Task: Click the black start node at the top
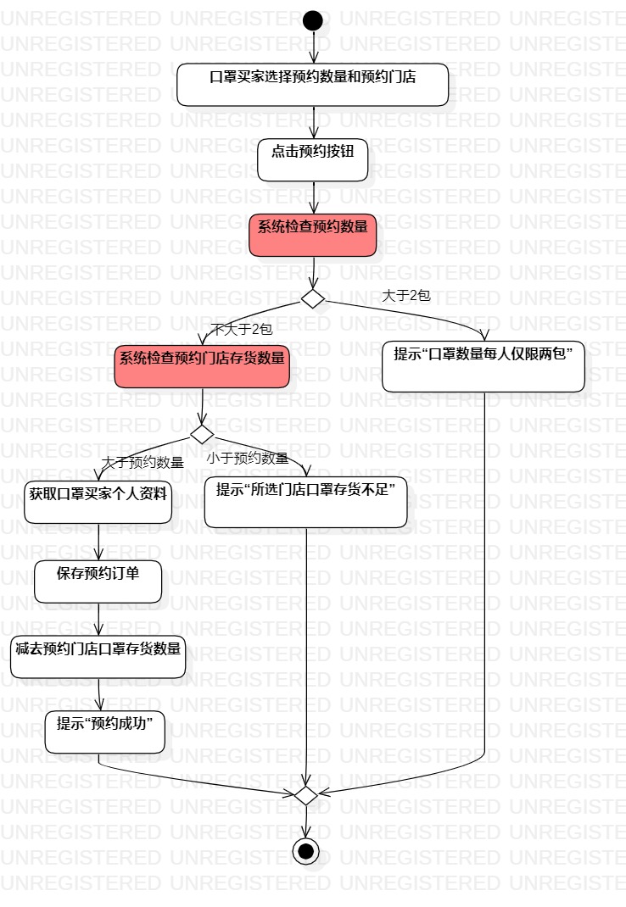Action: [313, 20]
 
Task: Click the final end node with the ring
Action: [306, 850]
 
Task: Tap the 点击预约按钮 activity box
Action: [313, 160]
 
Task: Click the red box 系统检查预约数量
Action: [313, 235]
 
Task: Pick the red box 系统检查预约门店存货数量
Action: [202, 367]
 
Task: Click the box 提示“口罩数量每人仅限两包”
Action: [483, 366]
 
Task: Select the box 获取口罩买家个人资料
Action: [99, 503]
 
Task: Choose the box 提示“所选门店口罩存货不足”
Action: [305, 502]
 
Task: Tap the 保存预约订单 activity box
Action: [98, 581]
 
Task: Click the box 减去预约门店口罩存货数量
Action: [98, 657]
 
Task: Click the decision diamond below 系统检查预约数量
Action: [313, 298]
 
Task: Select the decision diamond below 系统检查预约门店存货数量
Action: [202, 434]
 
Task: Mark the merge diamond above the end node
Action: [305, 794]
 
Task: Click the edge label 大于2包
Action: [406, 296]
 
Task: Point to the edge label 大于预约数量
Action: [143, 463]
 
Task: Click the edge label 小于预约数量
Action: [248, 459]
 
